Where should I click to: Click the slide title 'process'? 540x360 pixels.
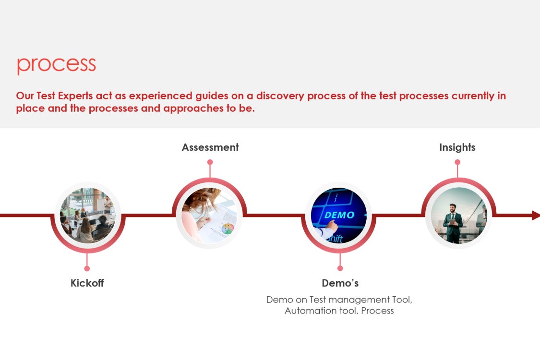point(57,65)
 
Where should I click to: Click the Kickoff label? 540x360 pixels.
point(87,283)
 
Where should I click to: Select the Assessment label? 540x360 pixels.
point(210,147)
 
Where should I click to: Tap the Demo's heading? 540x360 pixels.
point(340,283)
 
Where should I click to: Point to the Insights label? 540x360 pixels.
point(457,147)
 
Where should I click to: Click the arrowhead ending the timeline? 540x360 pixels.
point(536,216)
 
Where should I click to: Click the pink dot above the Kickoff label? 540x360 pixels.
point(87,268)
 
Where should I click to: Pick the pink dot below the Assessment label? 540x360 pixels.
point(210,162)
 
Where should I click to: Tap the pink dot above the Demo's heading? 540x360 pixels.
point(340,268)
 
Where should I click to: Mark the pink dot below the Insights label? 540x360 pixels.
point(457,162)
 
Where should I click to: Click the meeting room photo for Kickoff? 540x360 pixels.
point(88,216)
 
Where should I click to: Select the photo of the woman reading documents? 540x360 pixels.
point(209,216)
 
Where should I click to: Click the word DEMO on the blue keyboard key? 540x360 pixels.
point(339,215)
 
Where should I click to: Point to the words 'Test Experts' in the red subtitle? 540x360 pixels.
point(64,96)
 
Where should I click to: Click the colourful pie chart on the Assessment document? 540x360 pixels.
point(228,229)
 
